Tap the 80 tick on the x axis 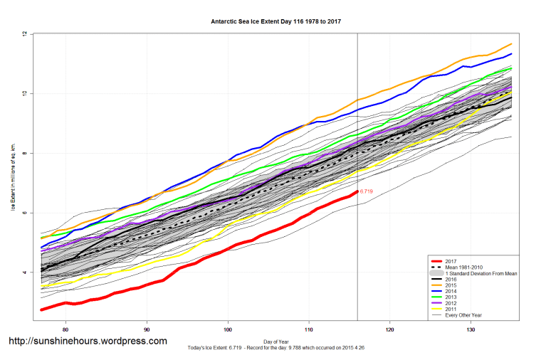[x=65, y=329]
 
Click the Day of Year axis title [x=276, y=341]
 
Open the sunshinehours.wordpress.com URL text [x=87, y=341]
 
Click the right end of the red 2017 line [x=357, y=191]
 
